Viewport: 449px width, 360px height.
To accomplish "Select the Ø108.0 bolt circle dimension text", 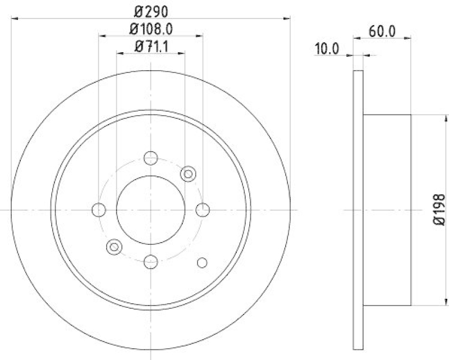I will (151, 28).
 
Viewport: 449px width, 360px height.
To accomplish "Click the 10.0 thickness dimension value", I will (327, 49).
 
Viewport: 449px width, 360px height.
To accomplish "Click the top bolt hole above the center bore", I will (150, 158).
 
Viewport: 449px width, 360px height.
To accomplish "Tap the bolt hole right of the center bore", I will (203, 210).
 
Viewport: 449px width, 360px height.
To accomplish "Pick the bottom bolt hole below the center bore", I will (150, 261).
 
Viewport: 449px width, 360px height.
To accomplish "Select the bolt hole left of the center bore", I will (99, 210).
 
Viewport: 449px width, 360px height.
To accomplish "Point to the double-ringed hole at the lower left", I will (114, 246).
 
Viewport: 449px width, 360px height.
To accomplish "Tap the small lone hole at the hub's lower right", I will (202, 262).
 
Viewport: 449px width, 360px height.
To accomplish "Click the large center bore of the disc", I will (150, 210).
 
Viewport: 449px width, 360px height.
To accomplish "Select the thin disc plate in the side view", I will (359, 210).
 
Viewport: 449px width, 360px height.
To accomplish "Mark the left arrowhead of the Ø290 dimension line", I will (14, 19).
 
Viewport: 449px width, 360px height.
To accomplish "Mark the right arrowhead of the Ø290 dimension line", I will (287, 19).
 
